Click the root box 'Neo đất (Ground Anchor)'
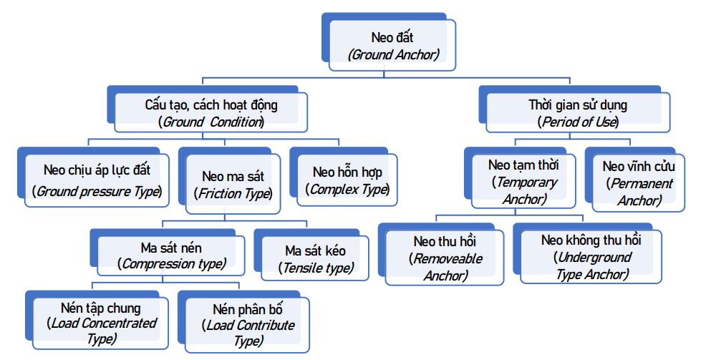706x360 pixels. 392,45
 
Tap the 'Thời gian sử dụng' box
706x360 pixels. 578,113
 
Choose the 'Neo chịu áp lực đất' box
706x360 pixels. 97,181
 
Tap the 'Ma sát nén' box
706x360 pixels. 171,256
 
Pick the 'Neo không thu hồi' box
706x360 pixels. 591,257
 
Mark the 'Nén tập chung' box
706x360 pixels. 101,323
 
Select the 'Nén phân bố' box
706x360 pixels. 248,325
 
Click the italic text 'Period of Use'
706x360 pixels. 579,122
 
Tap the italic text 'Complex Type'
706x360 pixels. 348,190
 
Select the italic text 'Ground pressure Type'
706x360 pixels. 97,191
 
